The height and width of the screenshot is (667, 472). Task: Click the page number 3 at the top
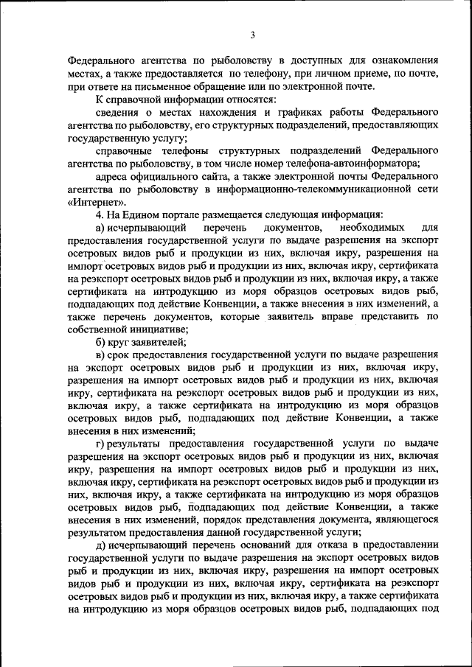pyautogui.click(x=252, y=35)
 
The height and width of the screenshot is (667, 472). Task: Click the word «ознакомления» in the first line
pyautogui.click(x=403, y=61)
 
